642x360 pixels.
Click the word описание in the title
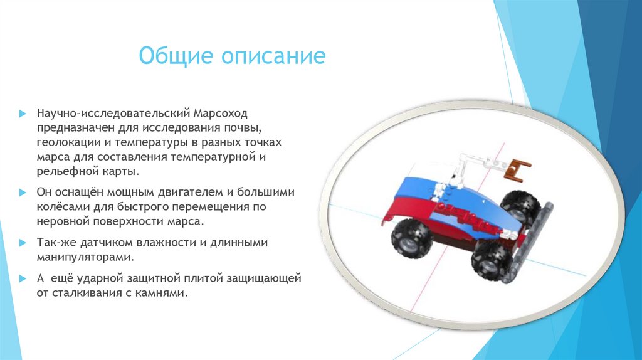[273, 56]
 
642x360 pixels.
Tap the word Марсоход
[221, 114]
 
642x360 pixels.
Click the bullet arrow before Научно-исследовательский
[22, 114]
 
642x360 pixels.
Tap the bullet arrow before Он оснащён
[22, 192]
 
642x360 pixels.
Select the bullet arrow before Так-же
[22, 243]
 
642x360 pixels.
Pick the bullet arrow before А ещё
[22, 278]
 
